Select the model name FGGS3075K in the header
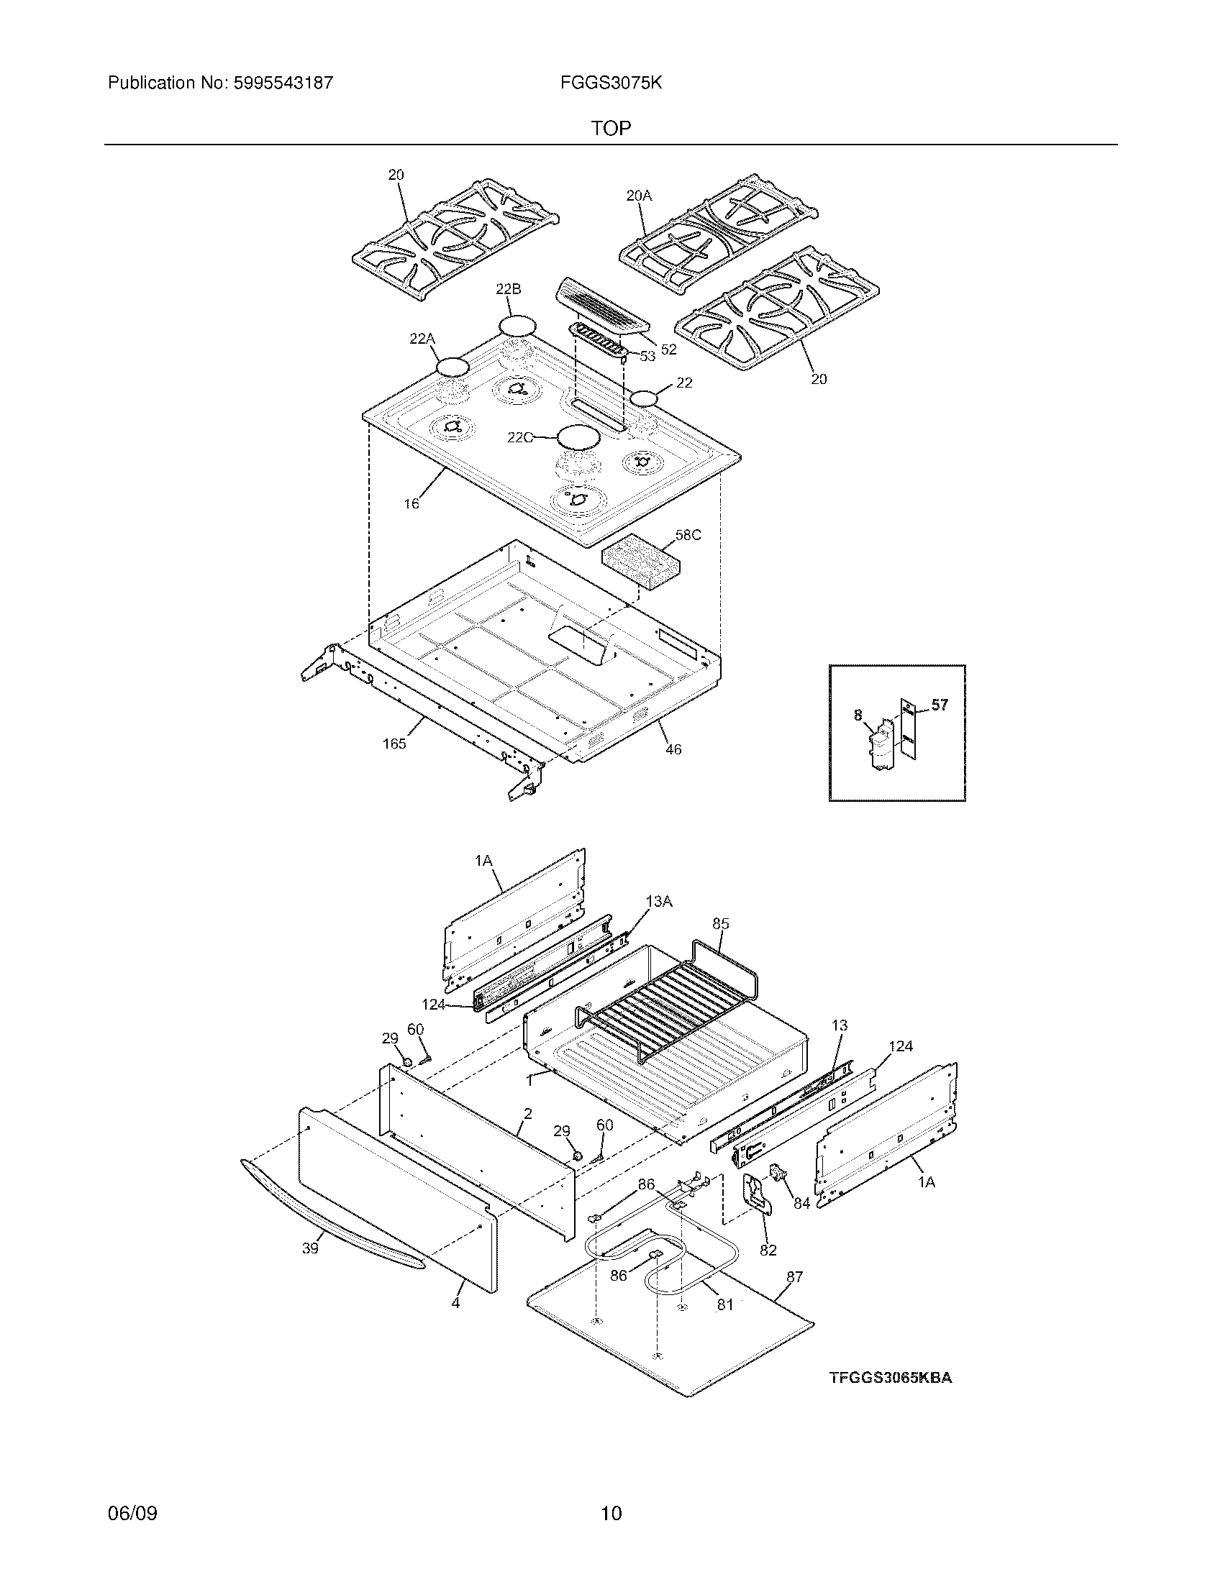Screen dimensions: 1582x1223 [610, 83]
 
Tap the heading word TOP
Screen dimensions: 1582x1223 [611, 128]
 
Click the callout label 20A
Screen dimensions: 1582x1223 [638, 195]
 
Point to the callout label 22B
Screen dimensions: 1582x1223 [508, 289]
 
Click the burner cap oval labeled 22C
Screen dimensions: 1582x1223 [578, 436]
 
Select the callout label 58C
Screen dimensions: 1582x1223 [688, 535]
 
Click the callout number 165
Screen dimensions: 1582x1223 [394, 744]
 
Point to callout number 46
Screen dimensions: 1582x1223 [673, 749]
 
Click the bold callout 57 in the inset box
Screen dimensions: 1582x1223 [939, 704]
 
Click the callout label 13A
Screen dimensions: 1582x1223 [658, 901]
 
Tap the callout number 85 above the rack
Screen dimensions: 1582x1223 [720, 923]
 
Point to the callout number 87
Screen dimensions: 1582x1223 [794, 1276]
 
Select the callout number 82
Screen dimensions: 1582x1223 [768, 1250]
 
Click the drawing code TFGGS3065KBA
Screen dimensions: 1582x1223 [891, 1378]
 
